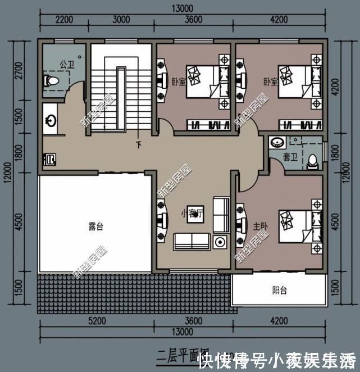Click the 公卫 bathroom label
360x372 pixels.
(67, 65)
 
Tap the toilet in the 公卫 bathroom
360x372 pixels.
(51, 82)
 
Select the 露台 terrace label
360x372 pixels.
(96, 228)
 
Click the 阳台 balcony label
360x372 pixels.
(279, 291)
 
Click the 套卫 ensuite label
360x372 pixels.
(290, 158)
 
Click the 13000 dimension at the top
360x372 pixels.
(180, 8)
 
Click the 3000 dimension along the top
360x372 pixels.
(121, 20)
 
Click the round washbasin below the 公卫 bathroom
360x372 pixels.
(51, 120)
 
